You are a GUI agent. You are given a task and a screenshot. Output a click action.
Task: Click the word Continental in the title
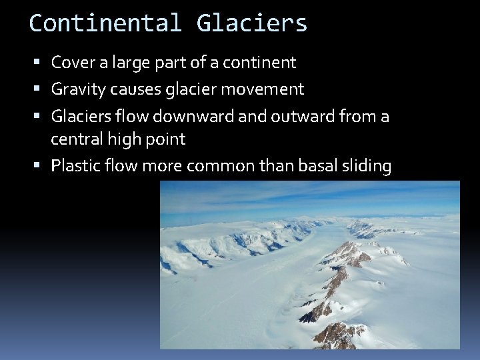pyautogui.click(x=105, y=23)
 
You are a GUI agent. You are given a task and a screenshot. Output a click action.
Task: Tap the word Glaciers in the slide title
pyautogui.click(x=252, y=23)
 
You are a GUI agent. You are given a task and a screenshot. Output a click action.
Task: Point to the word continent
pyautogui.click(x=259, y=63)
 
